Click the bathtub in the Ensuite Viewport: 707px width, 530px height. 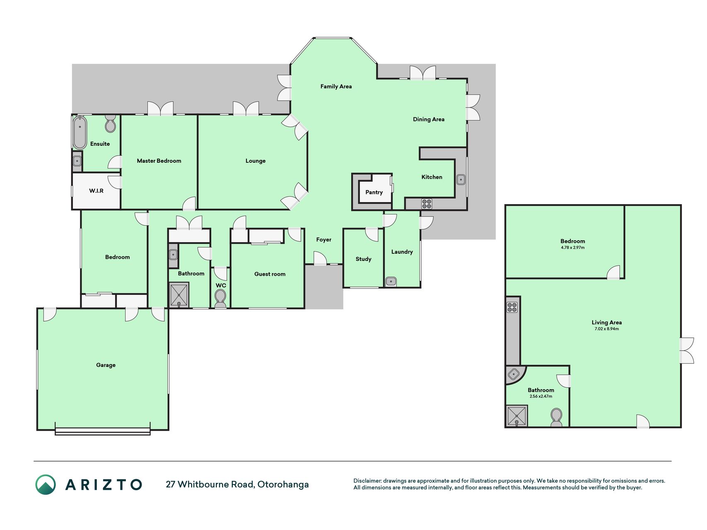point(80,132)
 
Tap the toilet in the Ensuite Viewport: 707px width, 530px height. point(110,123)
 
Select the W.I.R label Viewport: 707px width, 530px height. point(97,191)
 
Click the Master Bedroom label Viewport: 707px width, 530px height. point(159,161)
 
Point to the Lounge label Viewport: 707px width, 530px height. point(256,161)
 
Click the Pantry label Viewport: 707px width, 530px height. point(374,192)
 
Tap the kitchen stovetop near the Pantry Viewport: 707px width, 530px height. point(427,204)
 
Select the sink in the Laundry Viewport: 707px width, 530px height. point(391,282)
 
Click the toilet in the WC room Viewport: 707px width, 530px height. point(220,298)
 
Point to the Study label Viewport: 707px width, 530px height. point(364,259)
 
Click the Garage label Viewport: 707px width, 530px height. point(106,365)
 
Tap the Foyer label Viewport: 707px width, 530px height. point(324,240)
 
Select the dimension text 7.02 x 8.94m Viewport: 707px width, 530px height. point(607,329)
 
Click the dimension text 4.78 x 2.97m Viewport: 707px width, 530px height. point(573,248)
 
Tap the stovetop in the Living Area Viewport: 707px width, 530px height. point(512,307)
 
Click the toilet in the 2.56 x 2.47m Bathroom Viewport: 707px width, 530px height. point(556,417)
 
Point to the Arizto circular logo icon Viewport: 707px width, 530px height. point(46,484)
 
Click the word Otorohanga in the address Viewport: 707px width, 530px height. point(283,484)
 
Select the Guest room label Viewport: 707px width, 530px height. point(270,274)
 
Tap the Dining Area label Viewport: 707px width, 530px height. point(429,119)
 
